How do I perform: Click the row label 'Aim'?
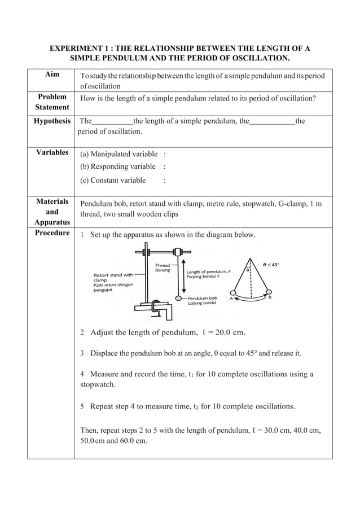(52, 75)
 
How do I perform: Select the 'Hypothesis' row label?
(52, 121)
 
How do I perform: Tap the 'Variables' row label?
(52, 152)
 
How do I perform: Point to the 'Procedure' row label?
(52, 233)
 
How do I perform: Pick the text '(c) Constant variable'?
(113, 181)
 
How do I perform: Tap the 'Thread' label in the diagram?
(162, 264)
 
